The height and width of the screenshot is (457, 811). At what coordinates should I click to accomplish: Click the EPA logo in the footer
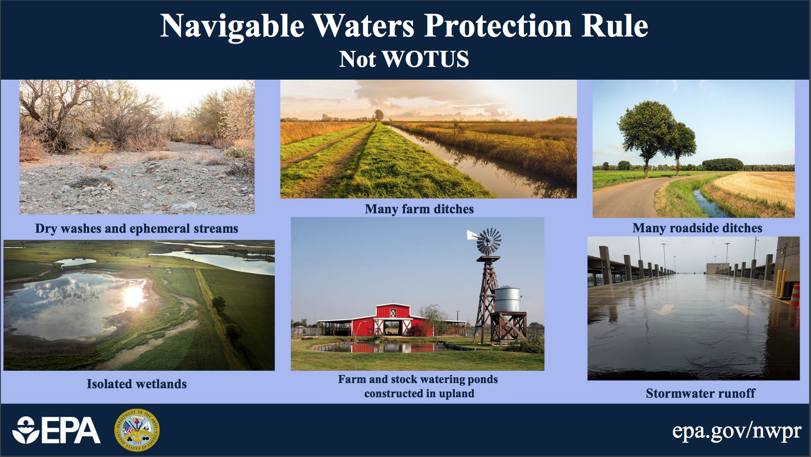tap(56, 430)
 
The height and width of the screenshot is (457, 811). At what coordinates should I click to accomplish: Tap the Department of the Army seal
tap(137, 430)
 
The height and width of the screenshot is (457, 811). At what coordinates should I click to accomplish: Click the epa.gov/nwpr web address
tap(737, 431)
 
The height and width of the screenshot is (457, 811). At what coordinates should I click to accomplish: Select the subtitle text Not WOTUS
tap(404, 59)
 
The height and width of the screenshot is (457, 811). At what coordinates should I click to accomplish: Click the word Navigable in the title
tap(232, 27)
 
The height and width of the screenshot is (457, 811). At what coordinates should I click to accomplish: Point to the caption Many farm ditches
tap(419, 209)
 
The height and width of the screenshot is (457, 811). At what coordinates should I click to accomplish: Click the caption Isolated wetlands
tap(137, 384)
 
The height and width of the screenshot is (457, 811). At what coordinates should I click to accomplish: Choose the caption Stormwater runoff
tap(701, 393)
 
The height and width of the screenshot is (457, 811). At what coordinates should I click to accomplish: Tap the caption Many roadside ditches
tap(697, 228)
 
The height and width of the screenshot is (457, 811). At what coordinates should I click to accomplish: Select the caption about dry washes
tap(136, 228)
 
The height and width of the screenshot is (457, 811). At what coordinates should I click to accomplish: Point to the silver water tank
tap(508, 299)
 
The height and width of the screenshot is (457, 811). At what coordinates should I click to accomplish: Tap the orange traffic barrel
tap(795, 295)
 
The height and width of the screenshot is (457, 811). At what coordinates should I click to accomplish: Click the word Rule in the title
tap(615, 26)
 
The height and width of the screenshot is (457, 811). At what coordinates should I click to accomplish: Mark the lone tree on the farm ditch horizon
tap(378, 115)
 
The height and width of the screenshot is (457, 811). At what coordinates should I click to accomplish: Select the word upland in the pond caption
tap(456, 394)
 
